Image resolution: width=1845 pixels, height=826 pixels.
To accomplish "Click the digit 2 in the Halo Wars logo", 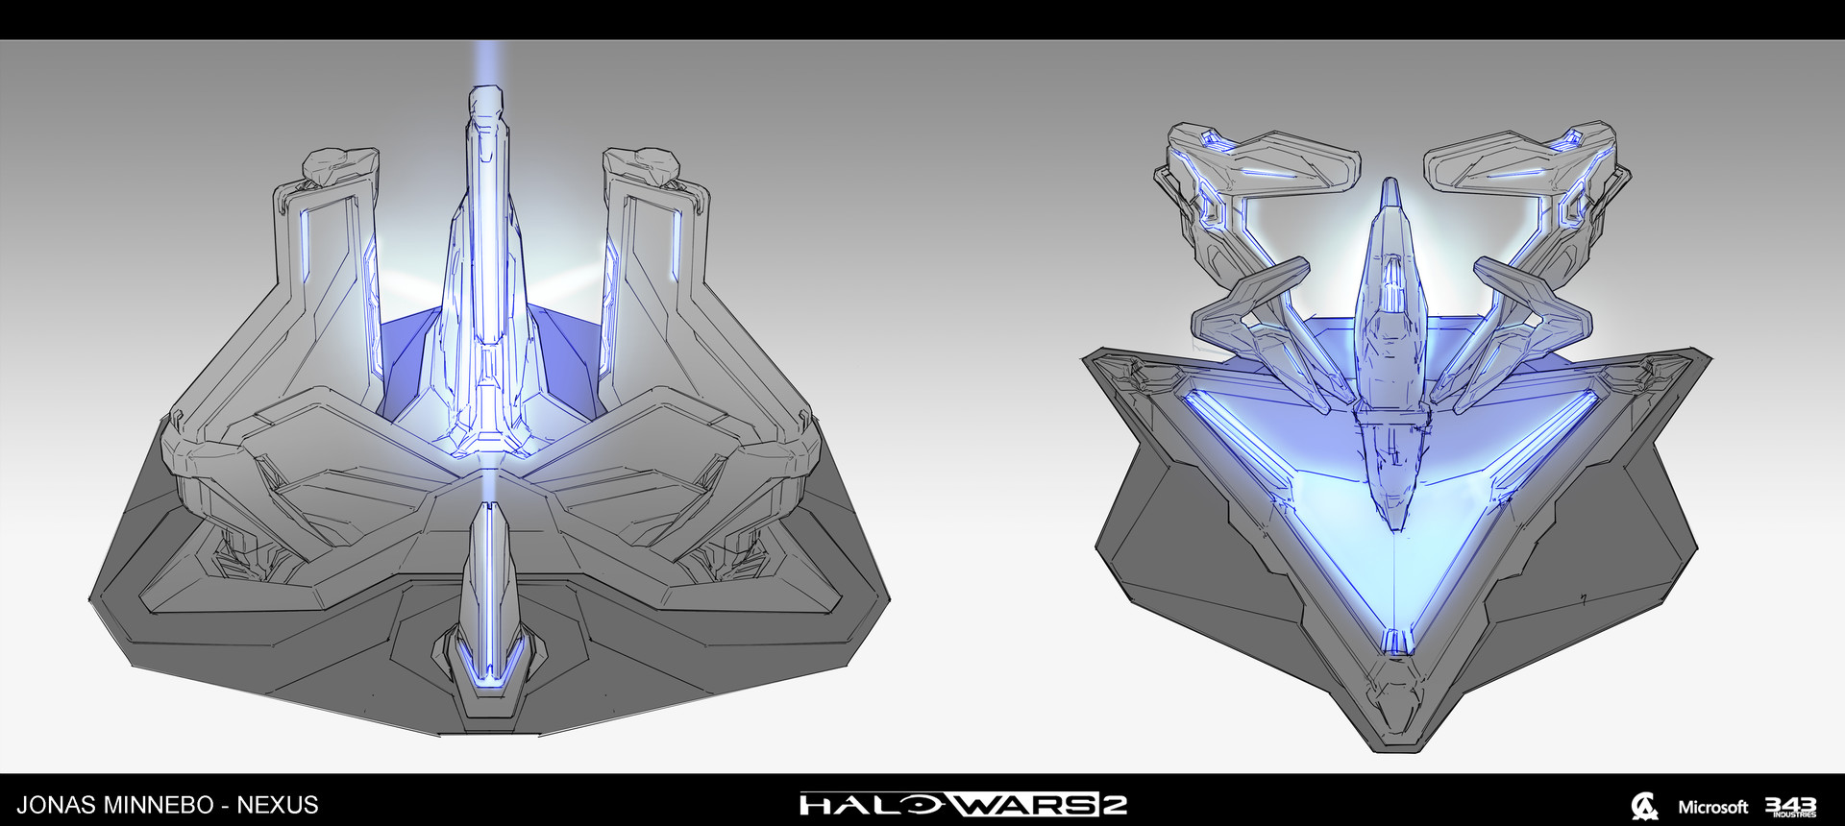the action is pyautogui.click(x=1114, y=804).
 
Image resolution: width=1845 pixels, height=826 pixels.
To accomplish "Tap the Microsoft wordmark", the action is pyautogui.click(x=1713, y=807).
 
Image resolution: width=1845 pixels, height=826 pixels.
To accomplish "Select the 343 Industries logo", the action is pyautogui.click(x=1790, y=807).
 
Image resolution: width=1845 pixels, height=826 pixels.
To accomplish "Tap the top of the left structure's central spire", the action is pyautogui.click(x=487, y=94).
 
